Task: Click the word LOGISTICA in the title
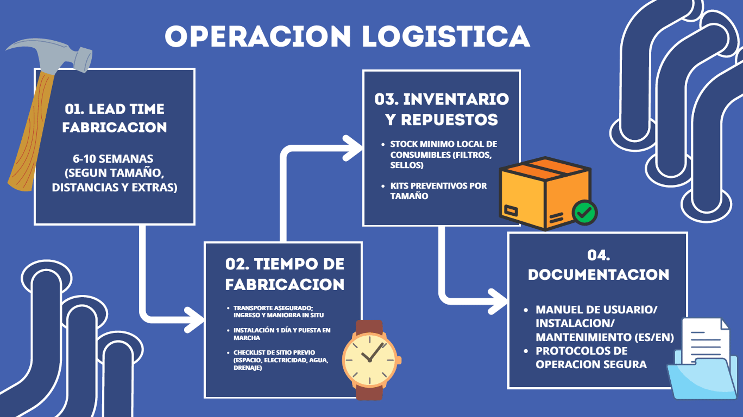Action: (446, 37)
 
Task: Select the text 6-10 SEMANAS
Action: (113, 158)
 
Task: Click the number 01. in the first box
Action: (74, 109)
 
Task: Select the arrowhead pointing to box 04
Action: (499, 301)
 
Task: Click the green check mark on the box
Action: (584, 212)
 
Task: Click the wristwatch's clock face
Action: (370, 360)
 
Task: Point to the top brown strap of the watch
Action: (369, 328)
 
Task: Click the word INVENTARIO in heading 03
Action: (456, 99)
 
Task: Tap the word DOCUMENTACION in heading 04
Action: (598, 274)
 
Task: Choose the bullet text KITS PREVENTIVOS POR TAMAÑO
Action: (438, 191)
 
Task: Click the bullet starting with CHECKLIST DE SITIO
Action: (281, 360)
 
